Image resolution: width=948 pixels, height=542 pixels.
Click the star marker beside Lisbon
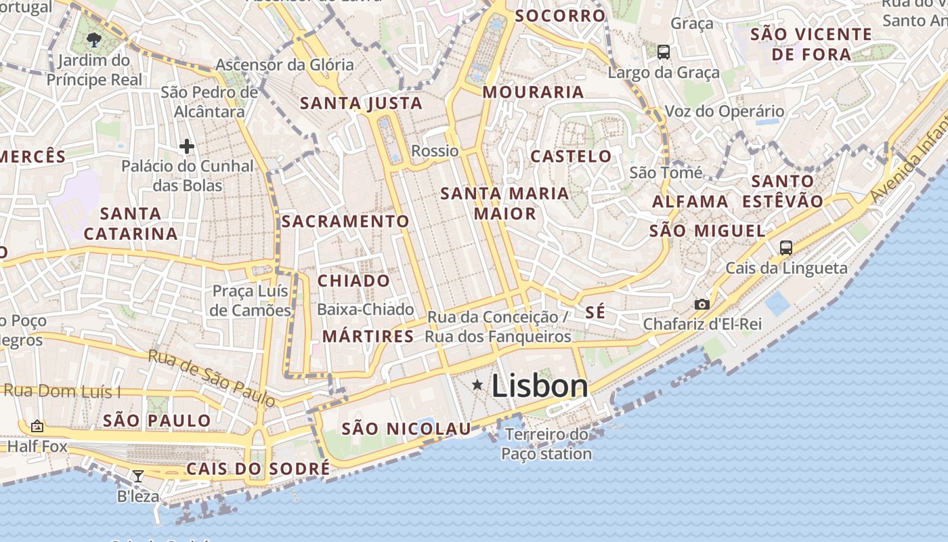(x=477, y=385)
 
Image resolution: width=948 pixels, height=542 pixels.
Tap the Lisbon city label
(x=540, y=386)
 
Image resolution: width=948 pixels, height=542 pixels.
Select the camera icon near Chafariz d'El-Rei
(x=702, y=304)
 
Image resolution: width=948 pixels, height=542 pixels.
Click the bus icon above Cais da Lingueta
(x=785, y=248)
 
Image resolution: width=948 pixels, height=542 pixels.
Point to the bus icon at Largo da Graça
(x=664, y=51)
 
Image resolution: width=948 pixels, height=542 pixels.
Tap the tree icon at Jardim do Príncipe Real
(x=94, y=40)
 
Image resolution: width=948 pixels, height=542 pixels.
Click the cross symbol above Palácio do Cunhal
(x=186, y=146)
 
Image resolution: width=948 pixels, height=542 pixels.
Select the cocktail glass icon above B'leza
(x=138, y=476)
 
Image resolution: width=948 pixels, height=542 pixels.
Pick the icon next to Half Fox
(x=37, y=426)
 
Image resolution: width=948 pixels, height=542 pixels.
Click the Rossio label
(x=435, y=151)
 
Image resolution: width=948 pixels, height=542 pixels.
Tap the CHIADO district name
(x=353, y=281)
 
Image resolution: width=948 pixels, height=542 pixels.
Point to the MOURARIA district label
(x=533, y=92)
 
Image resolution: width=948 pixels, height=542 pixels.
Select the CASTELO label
(x=571, y=157)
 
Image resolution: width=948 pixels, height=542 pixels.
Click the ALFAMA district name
(x=690, y=201)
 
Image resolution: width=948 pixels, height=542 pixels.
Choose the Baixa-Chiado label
(x=365, y=310)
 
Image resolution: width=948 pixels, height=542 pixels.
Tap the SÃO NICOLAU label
(x=406, y=429)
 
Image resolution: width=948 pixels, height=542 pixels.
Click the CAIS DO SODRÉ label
(x=258, y=469)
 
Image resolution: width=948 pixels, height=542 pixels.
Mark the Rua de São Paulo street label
(x=212, y=379)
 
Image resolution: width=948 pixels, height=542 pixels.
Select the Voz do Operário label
(x=725, y=112)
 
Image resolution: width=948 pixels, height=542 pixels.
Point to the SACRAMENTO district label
(x=345, y=222)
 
